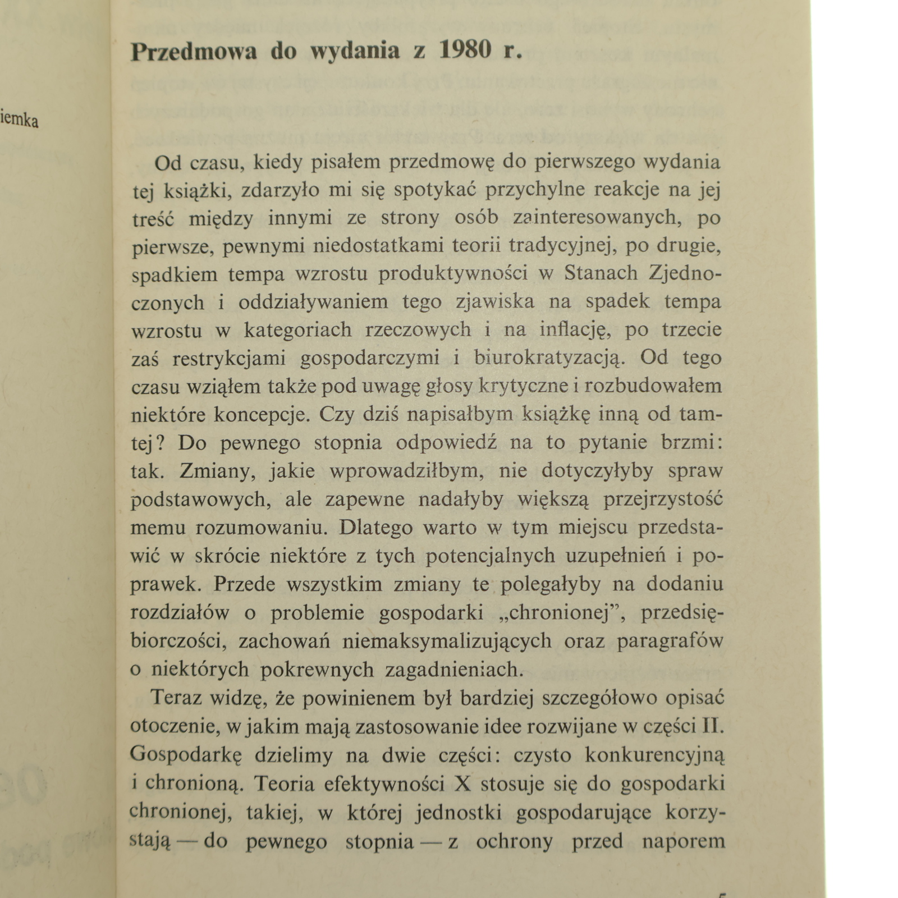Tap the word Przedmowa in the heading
click(x=194, y=52)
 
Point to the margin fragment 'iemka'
click(x=20, y=120)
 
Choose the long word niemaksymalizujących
click(x=447, y=641)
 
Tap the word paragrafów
click(x=670, y=641)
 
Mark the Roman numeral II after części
click(x=713, y=726)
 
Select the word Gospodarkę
click(x=186, y=755)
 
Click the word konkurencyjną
click(x=655, y=755)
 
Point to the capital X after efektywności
click(x=462, y=784)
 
